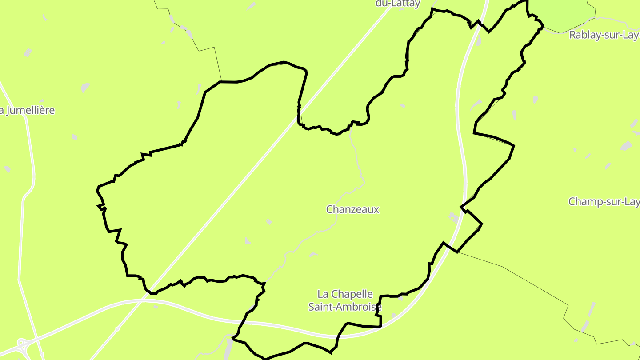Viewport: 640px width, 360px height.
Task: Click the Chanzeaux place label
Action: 352,209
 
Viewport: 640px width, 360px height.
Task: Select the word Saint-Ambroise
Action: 345,307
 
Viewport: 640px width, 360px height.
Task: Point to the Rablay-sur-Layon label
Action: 604,35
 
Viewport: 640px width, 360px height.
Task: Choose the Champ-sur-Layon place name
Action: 604,202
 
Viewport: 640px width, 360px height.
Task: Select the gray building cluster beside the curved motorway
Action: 454,217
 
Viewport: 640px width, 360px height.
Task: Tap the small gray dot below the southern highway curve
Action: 156,307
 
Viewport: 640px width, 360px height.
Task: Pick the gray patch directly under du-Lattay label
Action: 401,9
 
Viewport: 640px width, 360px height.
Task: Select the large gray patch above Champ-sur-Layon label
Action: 626,146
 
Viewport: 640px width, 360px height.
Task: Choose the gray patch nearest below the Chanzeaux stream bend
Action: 313,255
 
